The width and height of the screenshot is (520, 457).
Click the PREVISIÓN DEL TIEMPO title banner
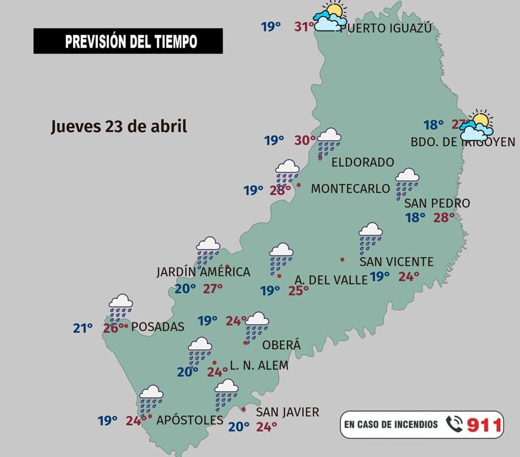pyautogui.click(x=128, y=41)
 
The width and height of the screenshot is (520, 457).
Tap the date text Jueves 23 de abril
pyautogui.click(x=119, y=126)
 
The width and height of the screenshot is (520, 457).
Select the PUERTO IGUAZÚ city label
pyautogui.click(x=386, y=28)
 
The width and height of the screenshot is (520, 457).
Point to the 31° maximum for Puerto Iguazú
pyautogui.click(x=304, y=26)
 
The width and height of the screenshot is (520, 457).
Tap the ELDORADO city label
pyautogui.click(x=363, y=162)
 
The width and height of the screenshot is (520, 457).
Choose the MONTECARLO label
pyautogui.click(x=350, y=188)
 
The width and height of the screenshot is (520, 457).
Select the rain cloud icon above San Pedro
pyautogui.click(x=407, y=183)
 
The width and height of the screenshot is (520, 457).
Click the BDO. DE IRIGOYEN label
pyautogui.click(x=463, y=143)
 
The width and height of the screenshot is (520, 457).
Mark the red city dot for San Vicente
pyautogui.click(x=342, y=259)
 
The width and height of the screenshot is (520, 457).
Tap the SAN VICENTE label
pyautogui.click(x=396, y=262)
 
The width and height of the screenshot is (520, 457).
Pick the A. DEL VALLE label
pyautogui.click(x=331, y=280)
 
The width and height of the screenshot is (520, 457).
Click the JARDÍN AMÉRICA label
pyautogui.click(x=203, y=272)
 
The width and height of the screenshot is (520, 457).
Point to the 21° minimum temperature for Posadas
pyautogui.click(x=83, y=329)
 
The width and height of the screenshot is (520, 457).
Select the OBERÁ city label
pyautogui.click(x=281, y=345)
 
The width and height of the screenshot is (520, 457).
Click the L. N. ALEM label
pyautogui.click(x=259, y=366)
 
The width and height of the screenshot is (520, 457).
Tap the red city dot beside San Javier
pyautogui.click(x=244, y=409)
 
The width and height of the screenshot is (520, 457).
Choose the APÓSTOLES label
pyautogui.click(x=190, y=420)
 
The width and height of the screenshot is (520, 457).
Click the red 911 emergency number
pyautogui.click(x=484, y=425)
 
